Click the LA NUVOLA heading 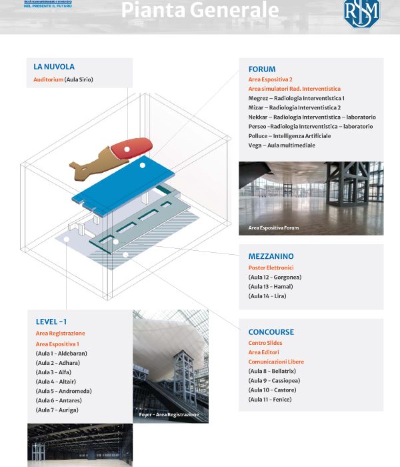[54, 67]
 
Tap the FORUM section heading [261, 69]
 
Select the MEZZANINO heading [271, 256]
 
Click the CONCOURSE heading [271, 332]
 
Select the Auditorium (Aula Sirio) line [63, 80]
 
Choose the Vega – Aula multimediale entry [281, 145]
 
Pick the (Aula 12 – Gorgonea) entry [275, 277]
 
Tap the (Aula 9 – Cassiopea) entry [273, 380]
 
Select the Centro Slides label [265, 343]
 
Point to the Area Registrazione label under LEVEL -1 [60, 333]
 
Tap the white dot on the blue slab [142, 165]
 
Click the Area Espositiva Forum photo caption [273, 228]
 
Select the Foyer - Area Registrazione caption [169, 415]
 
